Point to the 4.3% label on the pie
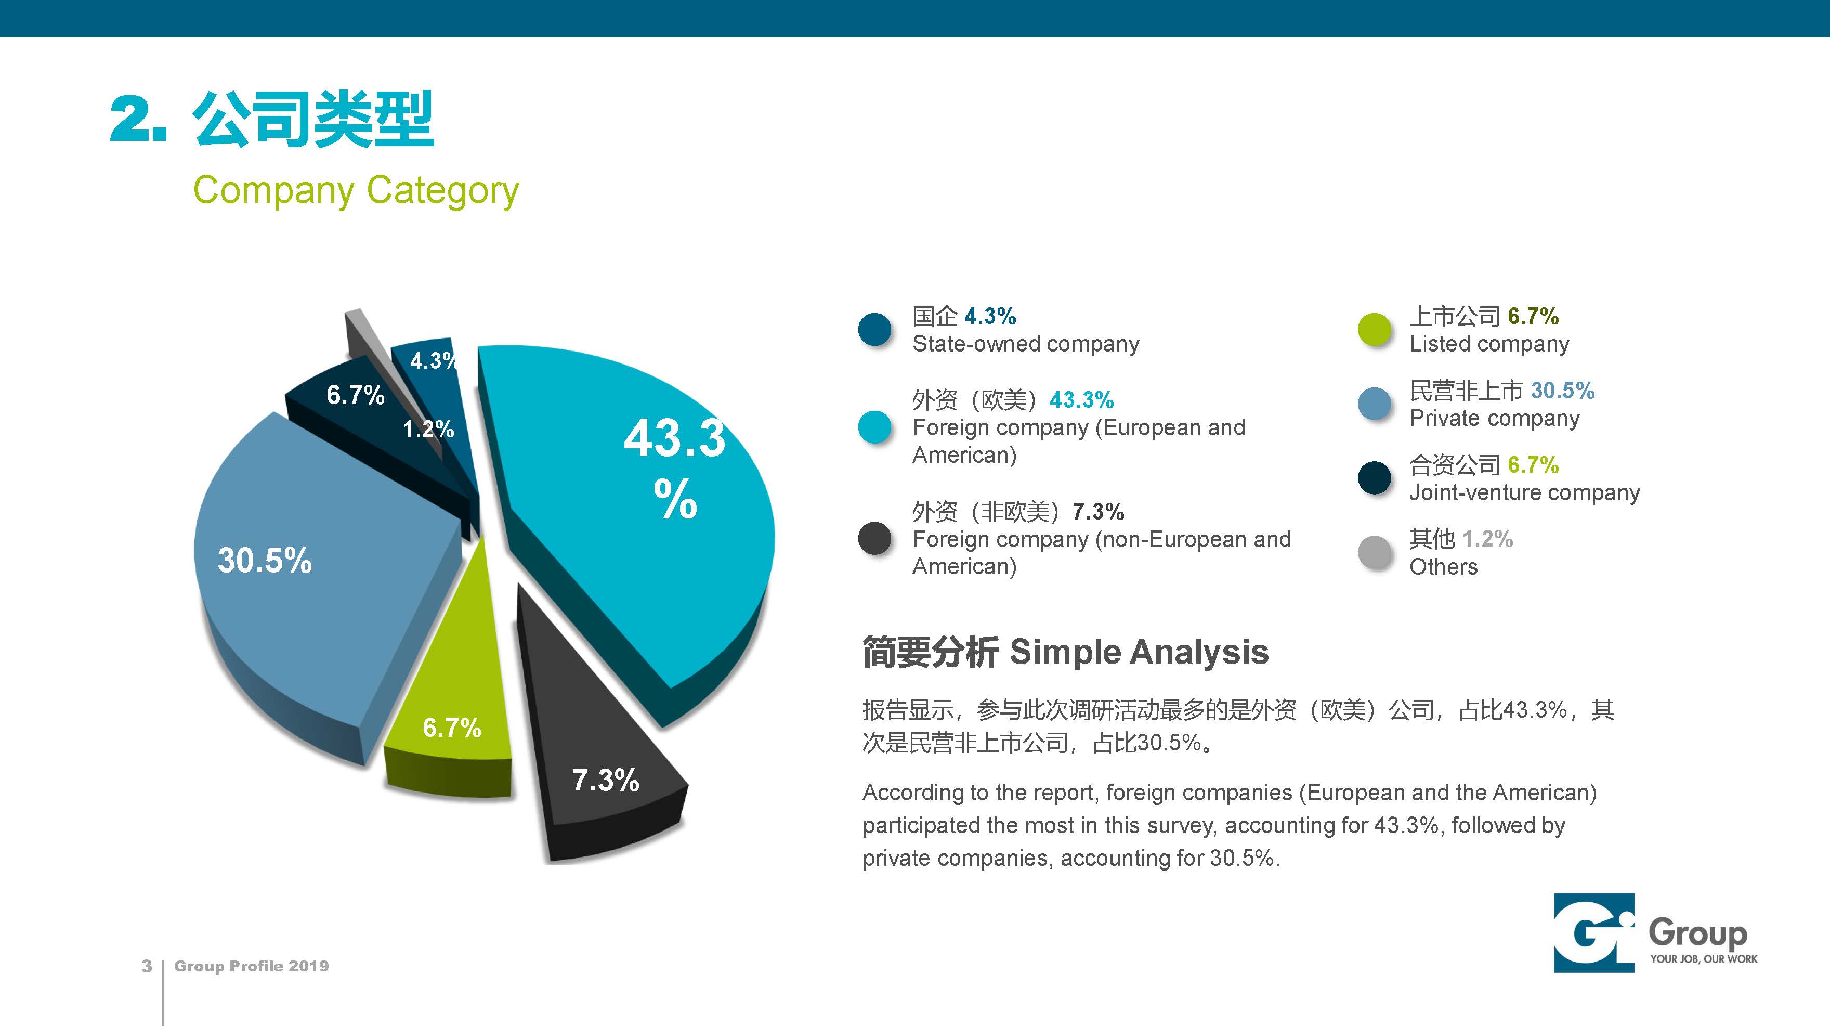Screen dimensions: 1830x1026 433,361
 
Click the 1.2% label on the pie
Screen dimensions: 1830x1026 428,428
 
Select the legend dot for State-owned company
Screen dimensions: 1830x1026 874,330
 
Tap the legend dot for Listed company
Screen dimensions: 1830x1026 1375,330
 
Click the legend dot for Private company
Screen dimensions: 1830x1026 1375,404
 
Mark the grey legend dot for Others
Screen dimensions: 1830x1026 1375,553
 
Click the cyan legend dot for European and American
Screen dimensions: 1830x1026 874,427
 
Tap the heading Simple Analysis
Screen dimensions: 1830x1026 1139,652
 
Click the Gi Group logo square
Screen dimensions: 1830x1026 1594,933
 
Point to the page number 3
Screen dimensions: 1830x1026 146,966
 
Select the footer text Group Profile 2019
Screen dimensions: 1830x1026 252,966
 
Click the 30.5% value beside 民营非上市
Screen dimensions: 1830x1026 1562,390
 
